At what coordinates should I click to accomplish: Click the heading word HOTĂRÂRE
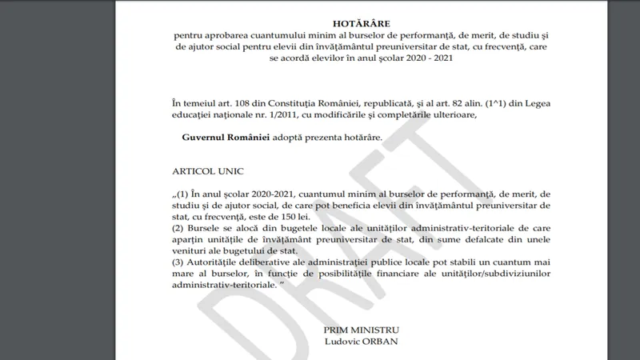tap(362, 24)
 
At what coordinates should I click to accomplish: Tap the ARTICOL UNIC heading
tap(207, 171)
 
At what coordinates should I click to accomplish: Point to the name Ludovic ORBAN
tap(361, 342)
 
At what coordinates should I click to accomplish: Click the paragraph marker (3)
tap(178, 262)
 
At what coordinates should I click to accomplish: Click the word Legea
tap(534, 104)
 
